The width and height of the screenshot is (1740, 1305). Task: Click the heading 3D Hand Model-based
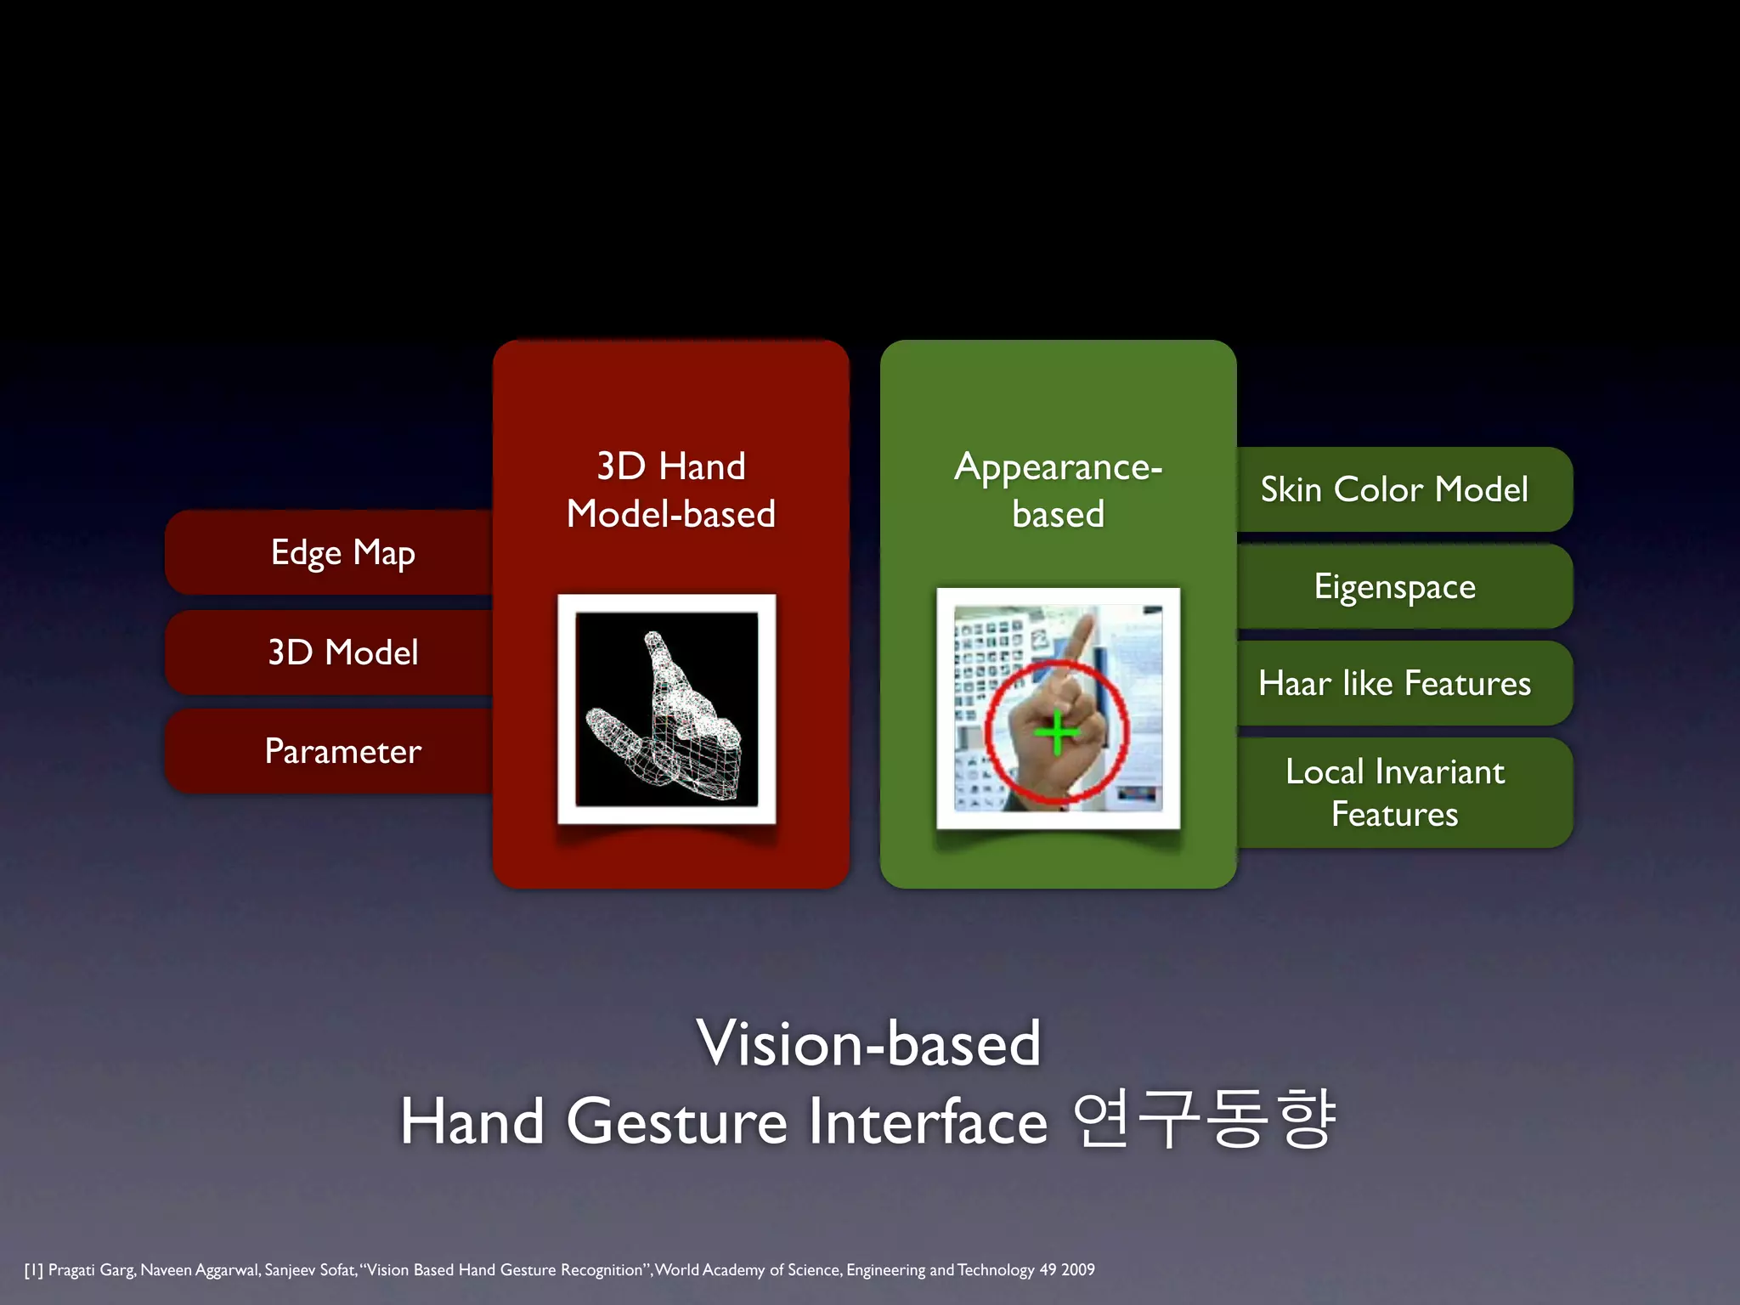coord(671,490)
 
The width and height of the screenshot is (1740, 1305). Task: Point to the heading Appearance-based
coord(1059,490)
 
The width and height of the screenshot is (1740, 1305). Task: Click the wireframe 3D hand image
coord(667,709)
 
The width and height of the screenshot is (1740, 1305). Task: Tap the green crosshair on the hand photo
coord(1057,732)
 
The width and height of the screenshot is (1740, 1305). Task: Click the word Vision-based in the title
coord(868,1042)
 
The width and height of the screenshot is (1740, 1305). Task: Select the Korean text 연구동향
coord(1204,1120)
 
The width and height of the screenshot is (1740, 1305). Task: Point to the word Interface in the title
coord(928,1121)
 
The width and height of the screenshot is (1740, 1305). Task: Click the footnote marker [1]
coord(33,1270)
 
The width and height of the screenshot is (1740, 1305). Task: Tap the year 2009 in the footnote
coord(1077,1270)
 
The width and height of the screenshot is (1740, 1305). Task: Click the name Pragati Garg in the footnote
coord(91,1270)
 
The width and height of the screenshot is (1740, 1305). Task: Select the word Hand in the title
coord(472,1121)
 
